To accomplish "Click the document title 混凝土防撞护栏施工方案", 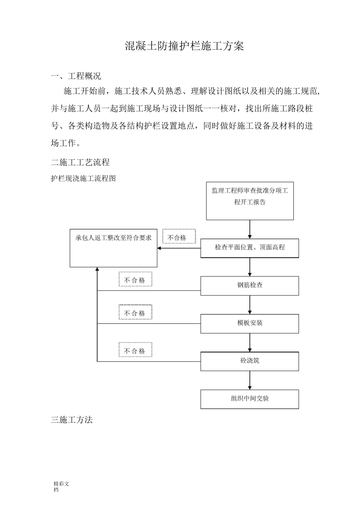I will (184, 46).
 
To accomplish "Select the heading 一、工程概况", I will (76, 76).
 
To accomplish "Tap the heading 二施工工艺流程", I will (80, 162).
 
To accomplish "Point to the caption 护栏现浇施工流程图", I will (83, 178).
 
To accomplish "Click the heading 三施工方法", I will (72, 420).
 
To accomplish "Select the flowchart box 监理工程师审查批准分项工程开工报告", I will (250, 201).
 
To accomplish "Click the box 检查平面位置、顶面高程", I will (250, 248).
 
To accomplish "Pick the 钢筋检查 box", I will (250, 286).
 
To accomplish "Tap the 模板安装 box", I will (250, 323).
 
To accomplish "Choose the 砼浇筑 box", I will (250, 361).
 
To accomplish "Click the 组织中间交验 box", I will (250, 399).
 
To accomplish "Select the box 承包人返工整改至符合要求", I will (113, 248).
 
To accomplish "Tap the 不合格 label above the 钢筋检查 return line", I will (135, 280).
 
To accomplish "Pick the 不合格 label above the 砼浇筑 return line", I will (135, 351).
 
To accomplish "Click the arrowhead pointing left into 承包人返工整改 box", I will (160, 248).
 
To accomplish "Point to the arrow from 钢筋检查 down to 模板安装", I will (250, 305).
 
